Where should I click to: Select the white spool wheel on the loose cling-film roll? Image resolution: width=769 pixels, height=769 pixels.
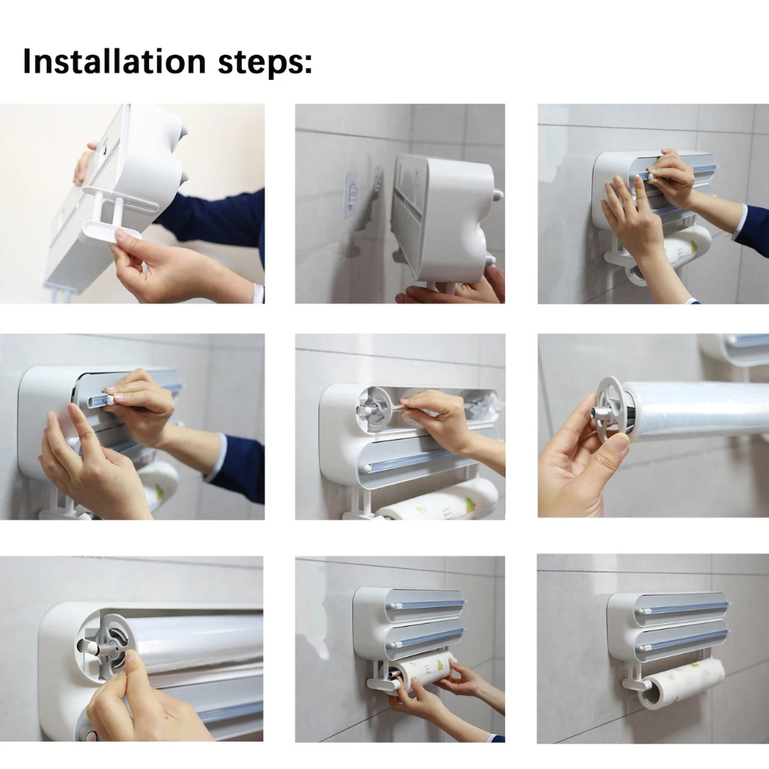(611, 408)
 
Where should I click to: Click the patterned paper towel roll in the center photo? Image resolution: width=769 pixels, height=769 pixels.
(438, 504)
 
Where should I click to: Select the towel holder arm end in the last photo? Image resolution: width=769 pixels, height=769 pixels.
(627, 684)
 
